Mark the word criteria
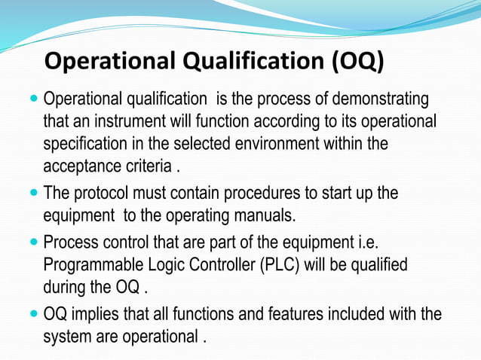pyautogui.click(x=149, y=165)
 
